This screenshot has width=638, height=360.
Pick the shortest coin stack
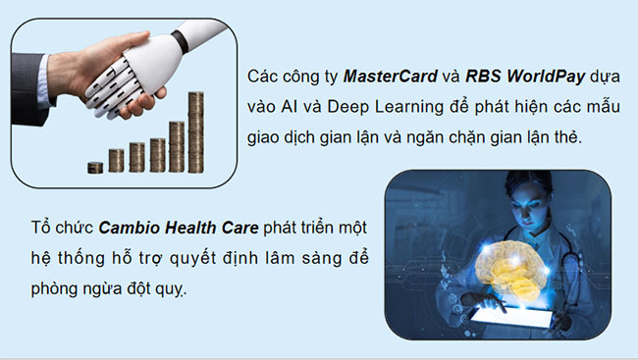tap(94, 167)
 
